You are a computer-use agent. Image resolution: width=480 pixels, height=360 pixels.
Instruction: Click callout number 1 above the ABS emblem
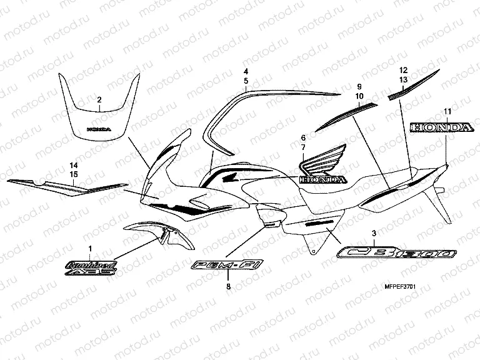click(x=89, y=249)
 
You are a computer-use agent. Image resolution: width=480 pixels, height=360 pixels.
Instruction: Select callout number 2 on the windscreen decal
click(x=99, y=100)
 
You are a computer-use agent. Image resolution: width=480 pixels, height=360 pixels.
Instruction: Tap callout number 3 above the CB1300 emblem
click(x=374, y=233)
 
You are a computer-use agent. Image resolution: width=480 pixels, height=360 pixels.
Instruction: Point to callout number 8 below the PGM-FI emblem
click(x=228, y=286)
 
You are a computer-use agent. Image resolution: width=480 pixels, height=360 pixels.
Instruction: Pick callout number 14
click(x=73, y=165)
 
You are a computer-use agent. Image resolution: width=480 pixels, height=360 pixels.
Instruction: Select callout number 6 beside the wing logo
click(x=302, y=137)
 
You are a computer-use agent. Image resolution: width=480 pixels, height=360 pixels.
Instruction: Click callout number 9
click(x=359, y=86)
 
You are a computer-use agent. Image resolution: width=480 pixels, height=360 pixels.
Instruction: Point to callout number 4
click(x=246, y=71)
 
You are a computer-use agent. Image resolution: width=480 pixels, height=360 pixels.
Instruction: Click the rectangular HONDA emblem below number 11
click(x=441, y=127)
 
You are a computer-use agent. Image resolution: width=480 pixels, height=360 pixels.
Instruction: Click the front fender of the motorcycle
click(x=150, y=231)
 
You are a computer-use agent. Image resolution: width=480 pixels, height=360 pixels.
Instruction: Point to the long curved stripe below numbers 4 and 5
click(x=275, y=94)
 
